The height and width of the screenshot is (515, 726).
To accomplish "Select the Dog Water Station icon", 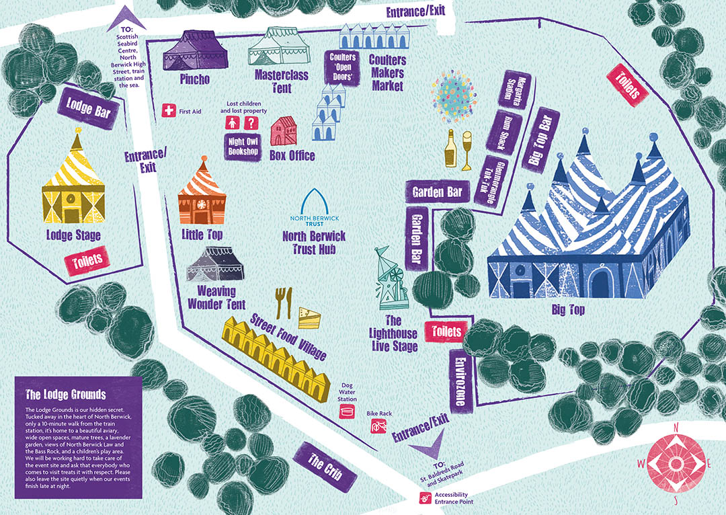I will [x=348, y=410].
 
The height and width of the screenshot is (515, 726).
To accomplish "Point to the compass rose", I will [x=675, y=463].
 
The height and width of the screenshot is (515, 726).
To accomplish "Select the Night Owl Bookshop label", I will [x=243, y=146].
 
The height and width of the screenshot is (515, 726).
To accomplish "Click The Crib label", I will [x=324, y=465].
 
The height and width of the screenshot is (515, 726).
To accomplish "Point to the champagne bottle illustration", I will [x=451, y=148].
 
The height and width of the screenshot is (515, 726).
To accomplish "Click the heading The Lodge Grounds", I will [x=56, y=393].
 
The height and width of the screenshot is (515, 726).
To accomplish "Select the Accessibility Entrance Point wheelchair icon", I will [x=426, y=498].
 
